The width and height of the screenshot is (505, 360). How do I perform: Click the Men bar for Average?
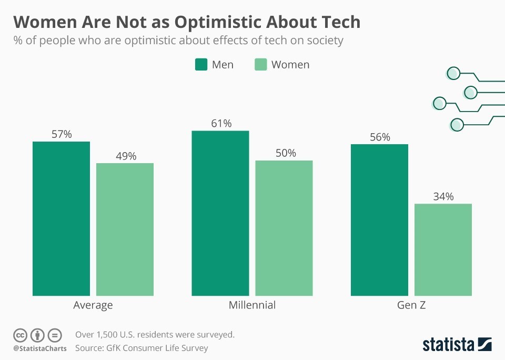(61, 218)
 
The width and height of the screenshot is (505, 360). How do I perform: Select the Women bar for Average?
(125, 229)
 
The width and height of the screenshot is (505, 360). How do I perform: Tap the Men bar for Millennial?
(220, 213)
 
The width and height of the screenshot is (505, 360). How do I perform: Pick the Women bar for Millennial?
(284, 228)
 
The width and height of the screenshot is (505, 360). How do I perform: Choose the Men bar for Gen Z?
(379, 220)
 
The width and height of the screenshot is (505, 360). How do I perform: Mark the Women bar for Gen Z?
(443, 249)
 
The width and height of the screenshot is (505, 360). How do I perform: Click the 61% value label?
(221, 124)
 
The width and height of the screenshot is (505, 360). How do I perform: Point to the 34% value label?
(443, 197)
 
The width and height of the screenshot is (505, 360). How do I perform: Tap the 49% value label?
(125, 156)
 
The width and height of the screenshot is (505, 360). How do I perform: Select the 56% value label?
(379, 137)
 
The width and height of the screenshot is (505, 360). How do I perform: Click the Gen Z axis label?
(411, 305)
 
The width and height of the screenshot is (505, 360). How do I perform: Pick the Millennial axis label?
(252, 305)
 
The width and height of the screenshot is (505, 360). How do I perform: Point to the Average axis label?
(93, 305)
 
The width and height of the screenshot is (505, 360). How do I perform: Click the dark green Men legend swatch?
(201, 65)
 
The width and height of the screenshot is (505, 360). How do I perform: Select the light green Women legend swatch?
(261, 65)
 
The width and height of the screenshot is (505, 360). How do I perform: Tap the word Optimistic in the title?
(230, 22)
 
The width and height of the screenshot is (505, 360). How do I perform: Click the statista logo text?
(449, 345)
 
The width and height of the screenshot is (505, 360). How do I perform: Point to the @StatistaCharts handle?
(40, 348)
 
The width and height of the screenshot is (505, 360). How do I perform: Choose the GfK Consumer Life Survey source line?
(142, 348)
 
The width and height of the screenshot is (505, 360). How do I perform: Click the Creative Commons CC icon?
(20, 335)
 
